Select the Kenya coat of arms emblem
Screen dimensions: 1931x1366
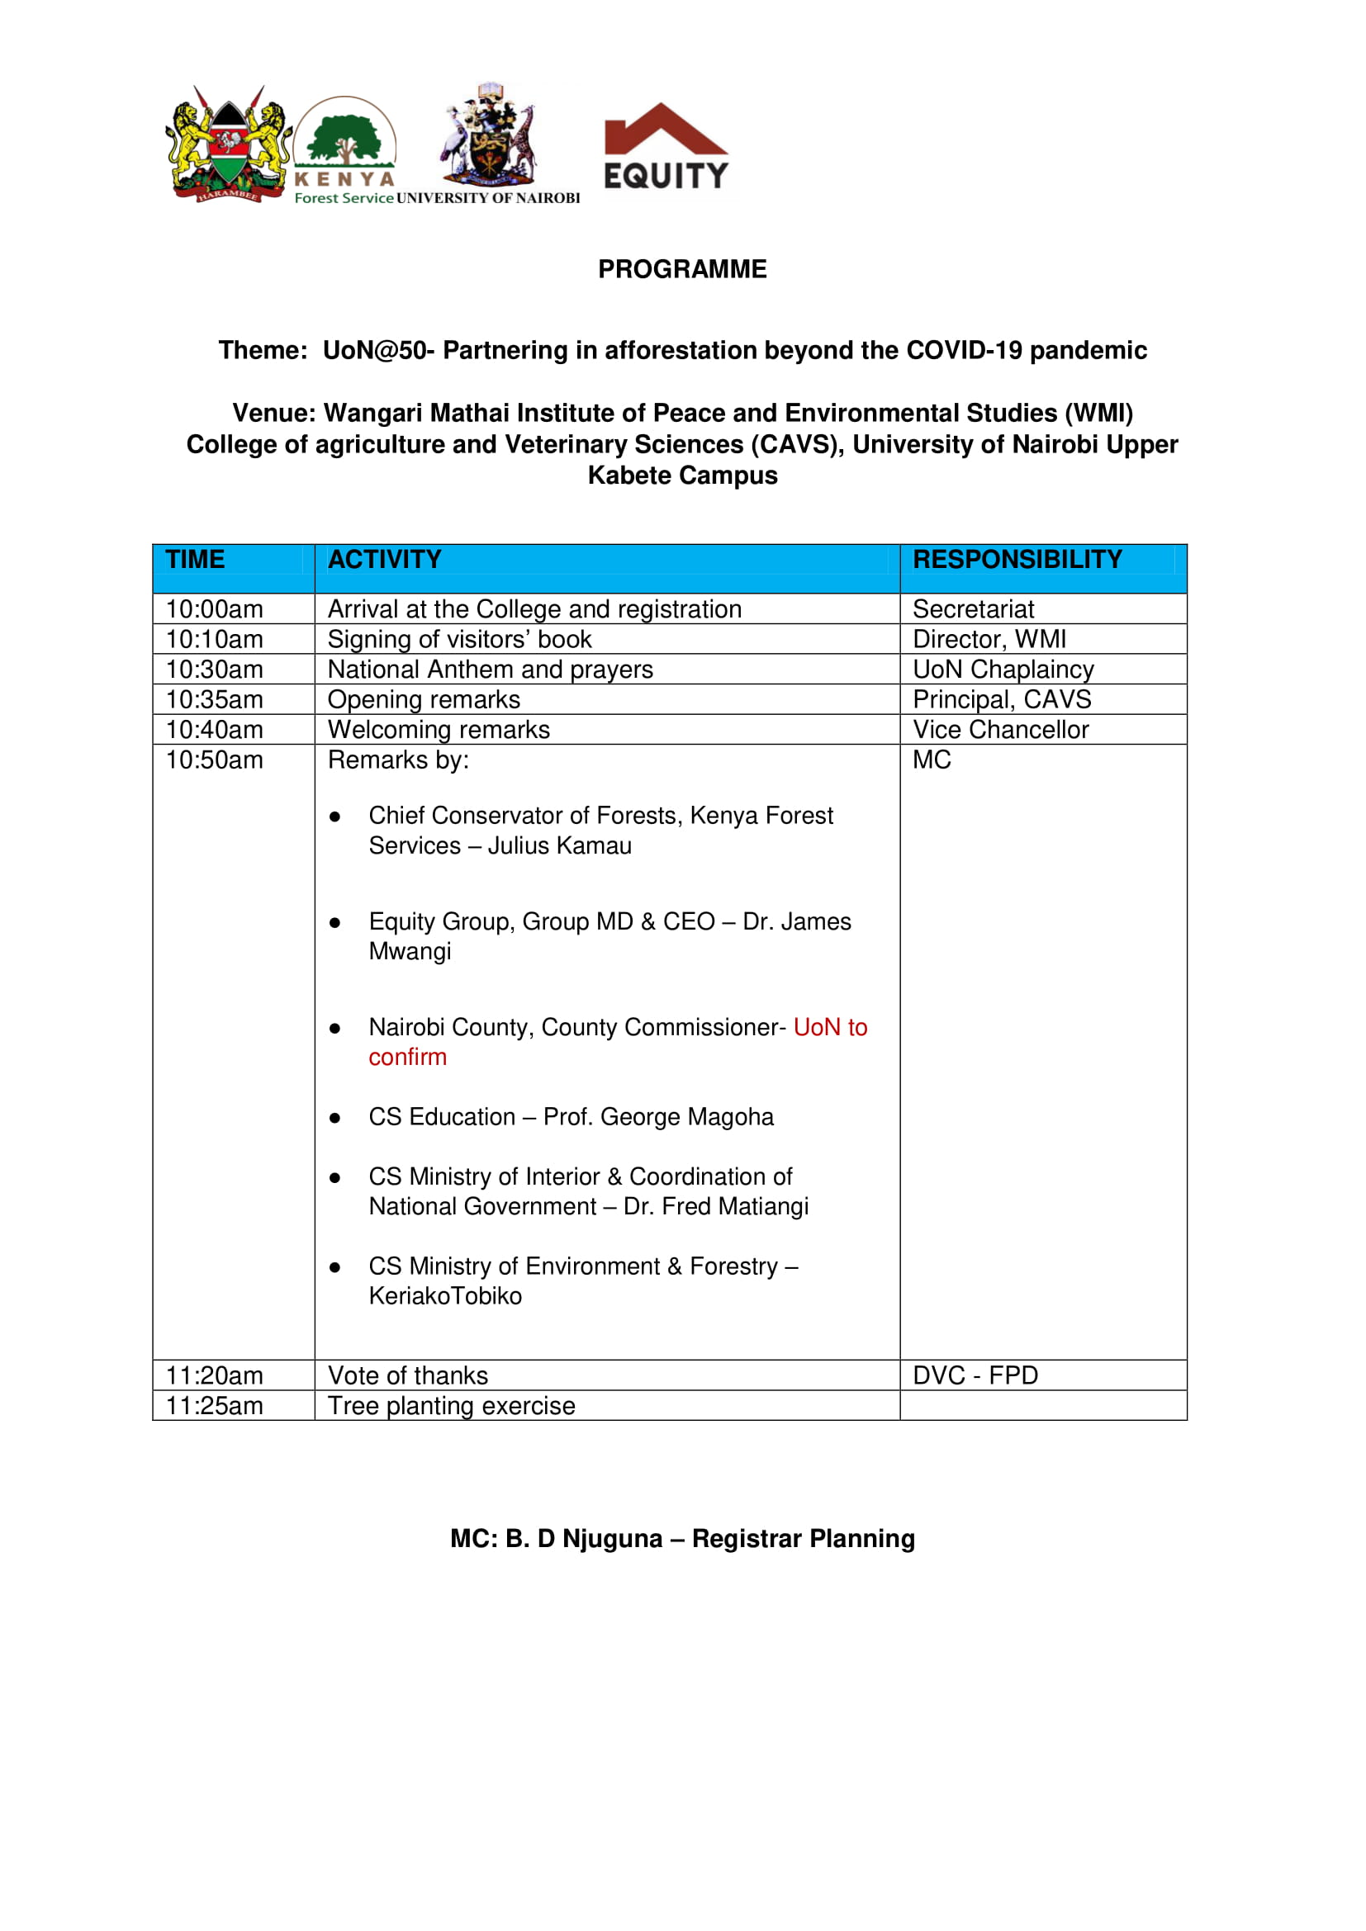pyautogui.click(x=228, y=144)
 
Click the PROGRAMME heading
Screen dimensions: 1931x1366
pyautogui.click(x=682, y=269)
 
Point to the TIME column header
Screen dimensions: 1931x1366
pyautogui.click(x=195, y=560)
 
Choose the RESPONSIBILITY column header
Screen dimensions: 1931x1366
pyautogui.click(x=1017, y=560)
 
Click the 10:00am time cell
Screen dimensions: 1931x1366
pyautogui.click(x=215, y=609)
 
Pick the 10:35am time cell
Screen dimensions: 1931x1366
pyautogui.click(x=215, y=700)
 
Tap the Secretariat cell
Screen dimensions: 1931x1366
pyautogui.click(x=973, y=609)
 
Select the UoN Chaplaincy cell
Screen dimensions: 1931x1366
pyautogui.click(x=1003, y=670)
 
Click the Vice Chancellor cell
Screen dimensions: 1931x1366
pyautogui.click(x=1001, y=730)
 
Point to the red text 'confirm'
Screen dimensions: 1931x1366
pyautogui.click(x=408, y=1058)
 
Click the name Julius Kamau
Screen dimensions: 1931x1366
pyautogui.click(x=559, y=846)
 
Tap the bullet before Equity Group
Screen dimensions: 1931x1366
pyautogui.click(x=334, y=924)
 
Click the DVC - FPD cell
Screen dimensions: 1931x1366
pyautogui.click(x=975, y=1376)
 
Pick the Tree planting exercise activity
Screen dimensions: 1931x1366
pyautogui.click(x=452, y=1406)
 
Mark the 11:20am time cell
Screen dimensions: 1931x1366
pyautogui.click(x=215, y=1376)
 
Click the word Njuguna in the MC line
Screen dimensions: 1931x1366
pyautogui.click(x=612, y=1539)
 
